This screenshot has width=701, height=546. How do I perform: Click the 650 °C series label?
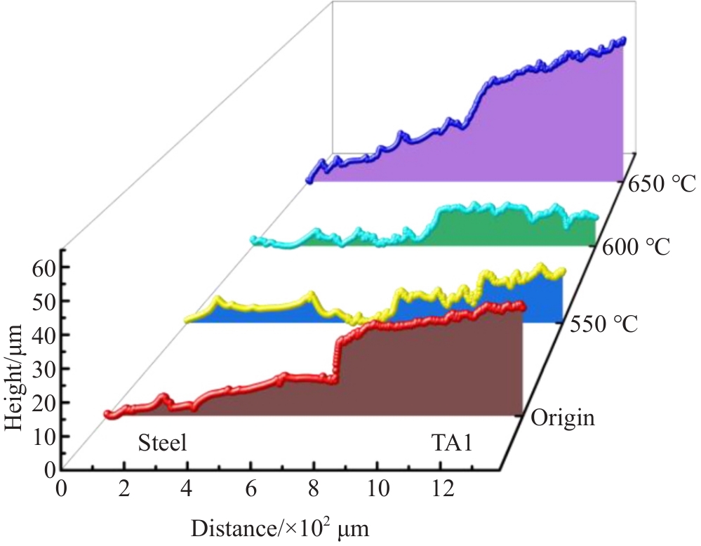pyautogui.click(x=661, y=185)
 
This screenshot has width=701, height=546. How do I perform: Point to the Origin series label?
pyautogui.click(x=563, y=419)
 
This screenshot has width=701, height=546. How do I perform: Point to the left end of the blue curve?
pyautogui.click(x=309, y=180)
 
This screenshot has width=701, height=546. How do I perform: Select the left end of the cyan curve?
pyautogui.click(x=253, y=241)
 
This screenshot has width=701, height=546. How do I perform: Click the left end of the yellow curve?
pyautogui.click(x=187, y=319)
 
